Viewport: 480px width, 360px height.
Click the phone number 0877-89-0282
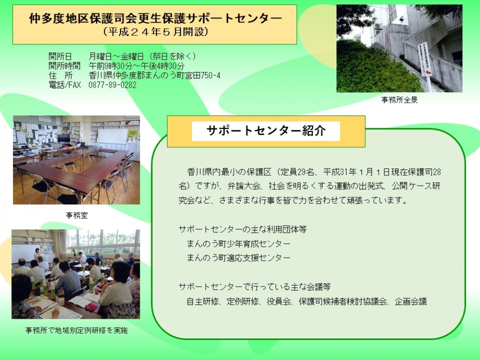112,85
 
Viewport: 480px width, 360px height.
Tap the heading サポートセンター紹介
266,131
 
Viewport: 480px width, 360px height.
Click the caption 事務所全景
399,100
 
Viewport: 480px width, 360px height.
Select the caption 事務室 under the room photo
76,216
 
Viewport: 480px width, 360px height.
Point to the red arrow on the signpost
429,72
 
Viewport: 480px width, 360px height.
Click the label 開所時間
65,66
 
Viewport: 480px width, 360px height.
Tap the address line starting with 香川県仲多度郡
154,75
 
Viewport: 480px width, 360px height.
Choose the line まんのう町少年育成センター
239,244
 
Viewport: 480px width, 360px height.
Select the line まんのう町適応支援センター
239,258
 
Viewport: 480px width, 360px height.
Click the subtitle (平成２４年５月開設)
155,32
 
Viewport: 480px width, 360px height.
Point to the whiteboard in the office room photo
112,136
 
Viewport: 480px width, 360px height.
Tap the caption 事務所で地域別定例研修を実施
76,330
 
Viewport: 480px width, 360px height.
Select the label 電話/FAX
65,85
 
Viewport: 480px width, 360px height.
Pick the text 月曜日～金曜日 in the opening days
116,56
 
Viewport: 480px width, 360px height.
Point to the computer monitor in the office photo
64,138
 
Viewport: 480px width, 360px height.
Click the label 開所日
60,56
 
